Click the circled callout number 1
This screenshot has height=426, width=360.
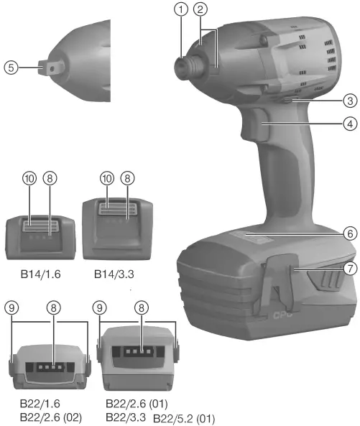click(x=182, y=9)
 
